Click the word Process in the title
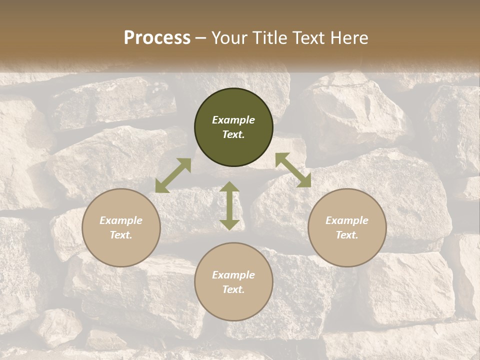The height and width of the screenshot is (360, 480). (x=157, y=38)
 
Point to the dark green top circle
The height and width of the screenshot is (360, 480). (x=233, y=105)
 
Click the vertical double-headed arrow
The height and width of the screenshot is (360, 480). (x=229, y=205)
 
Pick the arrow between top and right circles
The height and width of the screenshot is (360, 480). (x=293, y=170)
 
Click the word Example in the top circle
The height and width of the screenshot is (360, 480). (x=233, y=120)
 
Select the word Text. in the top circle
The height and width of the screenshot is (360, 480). (x=233, y=134)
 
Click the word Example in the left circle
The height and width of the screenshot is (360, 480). (x=121, y=220)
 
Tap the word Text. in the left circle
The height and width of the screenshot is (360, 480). (x=121, y=235)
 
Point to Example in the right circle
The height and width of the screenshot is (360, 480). (x=347, y=220)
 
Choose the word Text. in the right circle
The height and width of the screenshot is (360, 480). (x=347, y=235)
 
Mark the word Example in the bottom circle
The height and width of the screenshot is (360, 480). (x=233, y=275)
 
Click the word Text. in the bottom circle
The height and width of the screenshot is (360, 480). (x=233, y=289)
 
